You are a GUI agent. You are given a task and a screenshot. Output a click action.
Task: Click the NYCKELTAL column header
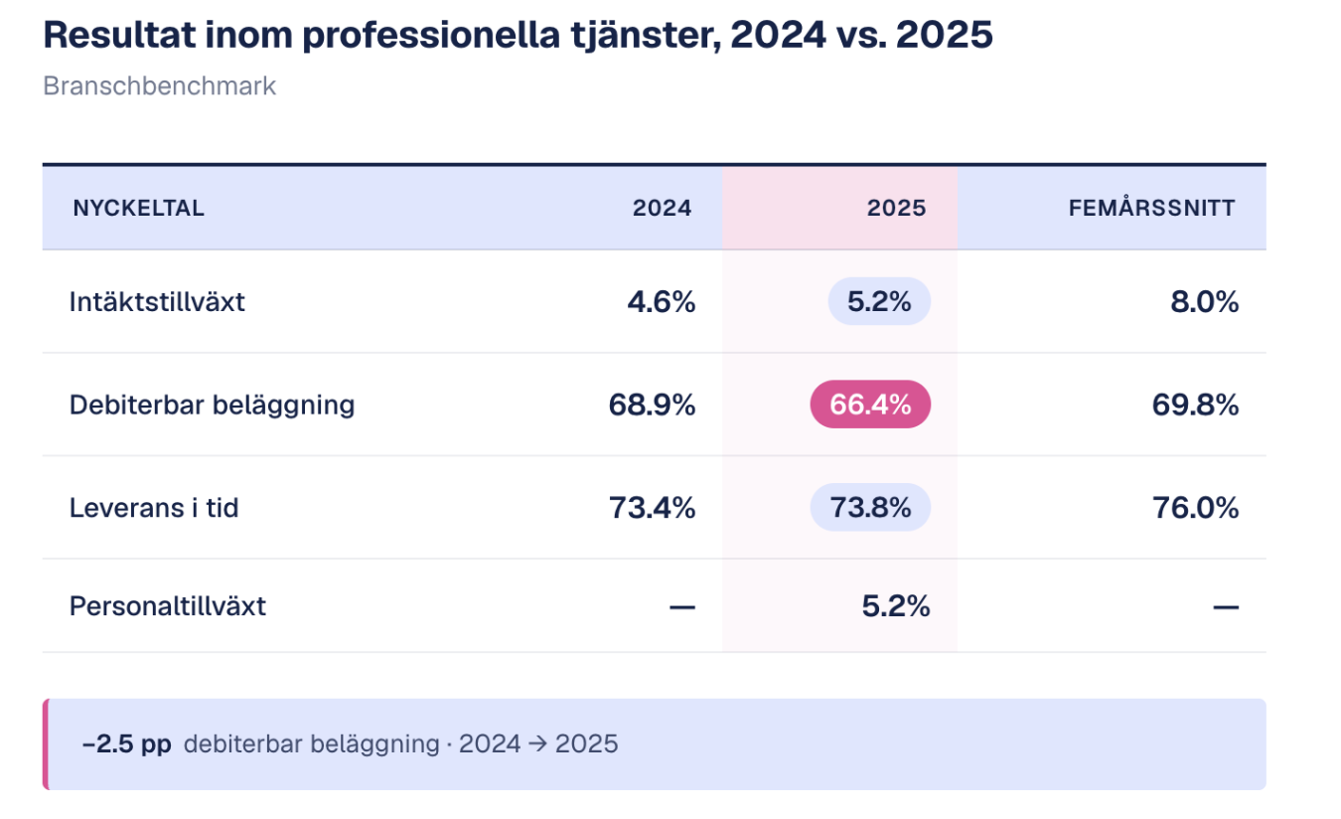tap(138, 208)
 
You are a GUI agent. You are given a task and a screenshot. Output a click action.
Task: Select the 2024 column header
tap(662, 208)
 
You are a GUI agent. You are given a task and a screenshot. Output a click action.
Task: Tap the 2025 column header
tap(896, 208)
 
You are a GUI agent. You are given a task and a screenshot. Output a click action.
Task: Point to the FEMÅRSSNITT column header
tap(1151, 208)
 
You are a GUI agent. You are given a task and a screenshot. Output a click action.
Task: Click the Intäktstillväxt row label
tap(157, 301)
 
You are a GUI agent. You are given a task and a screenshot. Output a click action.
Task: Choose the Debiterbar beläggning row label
tap(212, 405)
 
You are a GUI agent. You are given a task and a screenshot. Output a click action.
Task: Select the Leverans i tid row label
tap(154, 508)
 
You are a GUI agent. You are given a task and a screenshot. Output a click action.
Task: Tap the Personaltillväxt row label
tap(168, 605)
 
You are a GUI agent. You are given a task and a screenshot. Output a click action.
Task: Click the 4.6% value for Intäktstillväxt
tap(661, 301)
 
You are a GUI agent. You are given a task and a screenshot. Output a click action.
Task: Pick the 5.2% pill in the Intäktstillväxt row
tap(879, 301)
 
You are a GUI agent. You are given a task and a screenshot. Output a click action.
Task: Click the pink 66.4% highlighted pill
tap(870, 405)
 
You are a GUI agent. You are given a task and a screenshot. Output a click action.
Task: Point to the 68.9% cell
tap(652, 405)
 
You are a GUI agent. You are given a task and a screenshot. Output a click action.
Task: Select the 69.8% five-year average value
tap(1195, 405)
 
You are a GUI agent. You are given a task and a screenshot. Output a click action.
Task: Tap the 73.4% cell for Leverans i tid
tap(652, 508)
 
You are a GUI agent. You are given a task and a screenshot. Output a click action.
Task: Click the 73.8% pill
tap(870, 508)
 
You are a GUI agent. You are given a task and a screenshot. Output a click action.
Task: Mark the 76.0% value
tap(1195, 508)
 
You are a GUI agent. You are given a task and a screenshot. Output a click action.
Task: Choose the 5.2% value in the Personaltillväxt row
tap(896, 605)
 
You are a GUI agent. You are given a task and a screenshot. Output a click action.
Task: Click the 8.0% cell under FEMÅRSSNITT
tap(1205, 301)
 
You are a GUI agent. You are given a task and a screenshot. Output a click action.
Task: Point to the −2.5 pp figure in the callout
tap(127, 743)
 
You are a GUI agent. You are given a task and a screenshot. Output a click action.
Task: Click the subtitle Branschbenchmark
tap(159, 86)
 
